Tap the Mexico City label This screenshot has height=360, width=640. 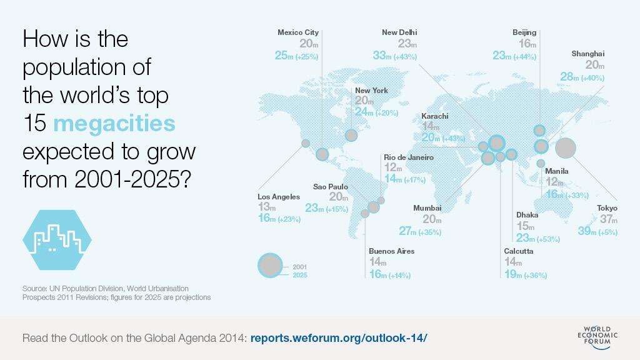(x=298, y=32)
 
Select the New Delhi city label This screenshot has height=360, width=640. (x=399, y=32)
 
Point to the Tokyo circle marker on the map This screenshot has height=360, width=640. (x=566, y=147)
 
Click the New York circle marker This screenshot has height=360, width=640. (x=351, y=136)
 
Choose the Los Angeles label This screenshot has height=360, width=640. (x=279, y=197)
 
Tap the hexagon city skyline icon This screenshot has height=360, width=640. (x=57, y=240)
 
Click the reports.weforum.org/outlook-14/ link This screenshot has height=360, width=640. (x=339, y=338)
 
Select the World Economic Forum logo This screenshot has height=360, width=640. (x=597, y=337)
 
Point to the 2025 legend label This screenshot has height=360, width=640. (x=300, y=275)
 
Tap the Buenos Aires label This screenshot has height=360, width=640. (x=391, y=251)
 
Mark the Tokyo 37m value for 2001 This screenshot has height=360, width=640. (x=609, y=219)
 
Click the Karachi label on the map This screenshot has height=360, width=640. (x=435, y=116)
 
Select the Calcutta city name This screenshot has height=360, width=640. (x=518, y=251)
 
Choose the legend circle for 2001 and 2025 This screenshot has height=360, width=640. (x=270, y=265)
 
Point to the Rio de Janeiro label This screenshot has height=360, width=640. (x=409, y=157)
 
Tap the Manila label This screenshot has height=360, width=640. (x=557, y=171)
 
